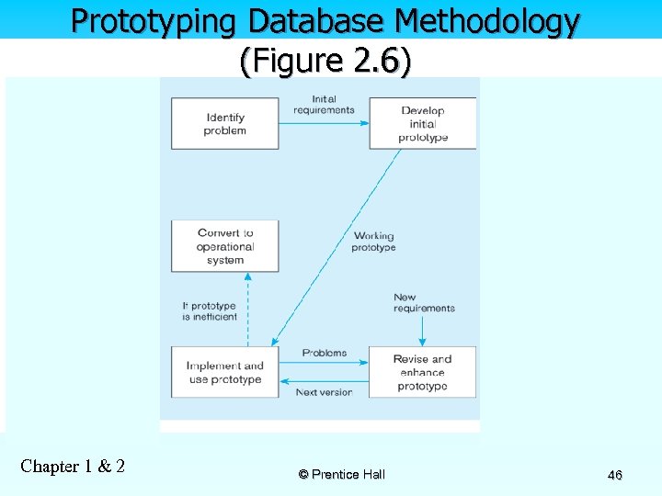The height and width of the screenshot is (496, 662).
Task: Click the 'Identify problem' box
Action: [x=225, y=124]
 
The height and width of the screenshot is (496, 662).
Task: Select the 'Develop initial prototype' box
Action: [x=423, y=124]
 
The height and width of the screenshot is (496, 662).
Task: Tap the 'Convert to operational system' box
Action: [x=225, y=246]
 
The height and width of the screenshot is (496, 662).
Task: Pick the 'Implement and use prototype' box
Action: [x=225, y=372]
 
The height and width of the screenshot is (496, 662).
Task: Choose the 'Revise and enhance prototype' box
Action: [x=423, y=372]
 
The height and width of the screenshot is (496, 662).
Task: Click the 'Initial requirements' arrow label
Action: [x=324, y=105]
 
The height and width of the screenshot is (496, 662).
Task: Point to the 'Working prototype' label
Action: [x=373, y=242]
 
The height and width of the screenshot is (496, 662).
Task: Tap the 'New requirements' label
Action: [x=424, y=303]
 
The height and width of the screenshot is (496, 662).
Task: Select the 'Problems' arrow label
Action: [x=325, y=353]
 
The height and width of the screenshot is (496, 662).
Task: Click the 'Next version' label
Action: [x=324, y=392]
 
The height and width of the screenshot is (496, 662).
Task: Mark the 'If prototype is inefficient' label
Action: [x=210, y=311]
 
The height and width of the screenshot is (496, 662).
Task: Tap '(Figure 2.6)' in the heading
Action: [x=325, y=62]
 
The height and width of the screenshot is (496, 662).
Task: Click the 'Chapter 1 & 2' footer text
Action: [x=73, y=466]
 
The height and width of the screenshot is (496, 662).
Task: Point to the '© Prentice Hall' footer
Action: [x=342, y=474]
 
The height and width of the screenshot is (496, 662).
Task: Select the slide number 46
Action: [x=615, y=475]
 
